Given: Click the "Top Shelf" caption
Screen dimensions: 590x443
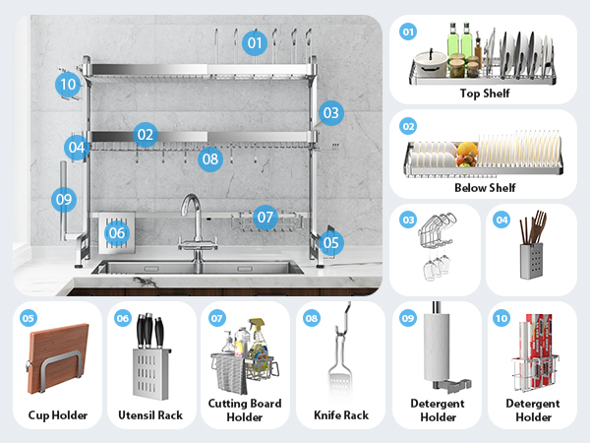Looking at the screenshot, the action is (485, 94).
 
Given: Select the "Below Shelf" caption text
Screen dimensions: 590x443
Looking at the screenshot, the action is (485, 188).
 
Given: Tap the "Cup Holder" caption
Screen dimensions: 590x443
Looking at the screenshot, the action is (58, 415).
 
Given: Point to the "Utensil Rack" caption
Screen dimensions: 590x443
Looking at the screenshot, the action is (150, 415).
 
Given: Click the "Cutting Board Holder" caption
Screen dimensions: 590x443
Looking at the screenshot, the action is (245, 411).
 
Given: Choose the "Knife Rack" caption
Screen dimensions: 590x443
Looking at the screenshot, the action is (341, 415).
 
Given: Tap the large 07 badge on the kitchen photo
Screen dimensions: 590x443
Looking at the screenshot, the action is (265, 218).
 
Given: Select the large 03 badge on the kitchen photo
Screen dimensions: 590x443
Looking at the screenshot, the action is (331, 113).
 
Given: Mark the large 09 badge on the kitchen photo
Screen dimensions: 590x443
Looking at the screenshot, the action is (64, 199).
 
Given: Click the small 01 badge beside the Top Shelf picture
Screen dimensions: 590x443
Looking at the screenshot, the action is (408, 32).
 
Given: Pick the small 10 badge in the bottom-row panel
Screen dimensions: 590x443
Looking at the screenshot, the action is (501, 319).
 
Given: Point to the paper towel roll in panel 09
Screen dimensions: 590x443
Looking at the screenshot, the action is (437, 347).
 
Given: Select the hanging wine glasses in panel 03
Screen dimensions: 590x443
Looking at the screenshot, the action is (436, 267).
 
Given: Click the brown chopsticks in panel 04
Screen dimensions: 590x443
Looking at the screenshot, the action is (534, 226).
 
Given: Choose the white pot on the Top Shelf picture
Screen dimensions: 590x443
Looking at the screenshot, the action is (431, 64).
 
